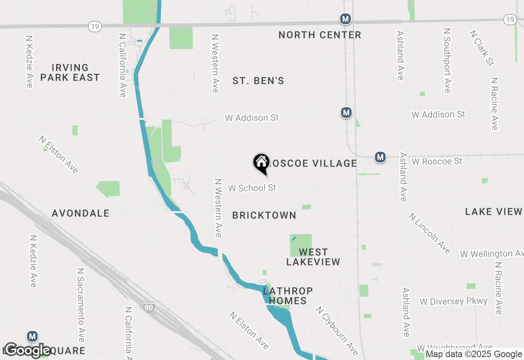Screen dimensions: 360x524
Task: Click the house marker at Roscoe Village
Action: [x=261, y=163]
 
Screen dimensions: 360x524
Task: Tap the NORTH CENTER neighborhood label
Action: [x=320, y=35]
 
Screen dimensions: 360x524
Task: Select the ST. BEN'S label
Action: [x=258, y=81]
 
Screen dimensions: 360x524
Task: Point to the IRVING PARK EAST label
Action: [x=70, y=72]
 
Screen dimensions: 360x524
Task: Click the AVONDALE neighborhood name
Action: [x=81, y=213]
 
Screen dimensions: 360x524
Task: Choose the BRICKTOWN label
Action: [x=264, y=215]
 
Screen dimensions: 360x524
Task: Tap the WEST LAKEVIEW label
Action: [x=313, y=257]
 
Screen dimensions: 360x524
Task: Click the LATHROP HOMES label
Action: [x=288, y=296]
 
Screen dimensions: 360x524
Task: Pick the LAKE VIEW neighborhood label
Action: [x=494, y=211]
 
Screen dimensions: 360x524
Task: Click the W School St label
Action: [x=252, y=188]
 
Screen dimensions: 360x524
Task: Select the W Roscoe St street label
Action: [x=437, y=162]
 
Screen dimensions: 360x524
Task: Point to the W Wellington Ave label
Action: [x=491, y=254]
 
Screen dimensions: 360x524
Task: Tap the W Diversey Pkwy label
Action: [x=454, y=302]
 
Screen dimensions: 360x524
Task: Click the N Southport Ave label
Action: [x=447, y=60]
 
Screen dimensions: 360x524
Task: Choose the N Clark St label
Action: [x=482, y=47]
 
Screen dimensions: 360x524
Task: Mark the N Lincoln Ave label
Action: [x=429, y=233]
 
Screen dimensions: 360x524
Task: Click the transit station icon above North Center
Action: [x=346, y=19]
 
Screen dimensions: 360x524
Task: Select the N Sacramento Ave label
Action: [x=80, y=305]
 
